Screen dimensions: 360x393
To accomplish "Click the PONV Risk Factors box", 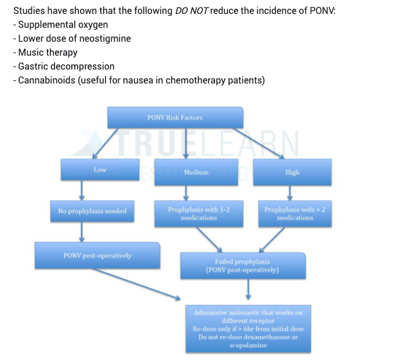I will click(x=175, y=118).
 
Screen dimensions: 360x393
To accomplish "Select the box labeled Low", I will click(x=100, y=170).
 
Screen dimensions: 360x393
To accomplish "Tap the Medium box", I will click(x=196, y=172).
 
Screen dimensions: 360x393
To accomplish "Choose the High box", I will click(x=292, y=172).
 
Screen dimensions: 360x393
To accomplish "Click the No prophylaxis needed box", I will click(x=92, y=211).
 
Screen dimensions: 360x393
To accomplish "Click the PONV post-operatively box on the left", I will click(x=97, y=256).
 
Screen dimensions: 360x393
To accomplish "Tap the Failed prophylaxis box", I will click(x=242, y=266).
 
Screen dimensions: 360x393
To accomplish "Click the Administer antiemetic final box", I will click(x=248, y=328).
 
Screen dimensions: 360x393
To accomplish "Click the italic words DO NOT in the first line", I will click(x=191, y=11).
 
